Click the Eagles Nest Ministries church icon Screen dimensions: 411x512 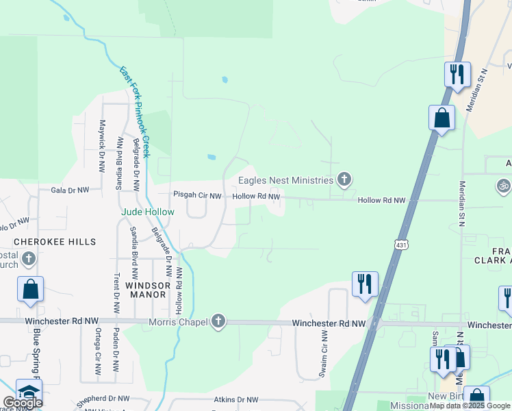[344, 180]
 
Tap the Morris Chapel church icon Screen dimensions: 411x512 [218, 321]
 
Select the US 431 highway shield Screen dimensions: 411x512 [400, 244]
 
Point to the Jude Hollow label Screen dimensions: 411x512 [148, 212]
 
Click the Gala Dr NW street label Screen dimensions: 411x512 [70, 190]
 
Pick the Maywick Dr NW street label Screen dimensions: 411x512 [103, 145]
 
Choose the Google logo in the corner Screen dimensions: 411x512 [23, 403]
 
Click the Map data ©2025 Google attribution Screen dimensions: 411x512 [470, 406]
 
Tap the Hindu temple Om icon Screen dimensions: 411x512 [503, 185]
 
